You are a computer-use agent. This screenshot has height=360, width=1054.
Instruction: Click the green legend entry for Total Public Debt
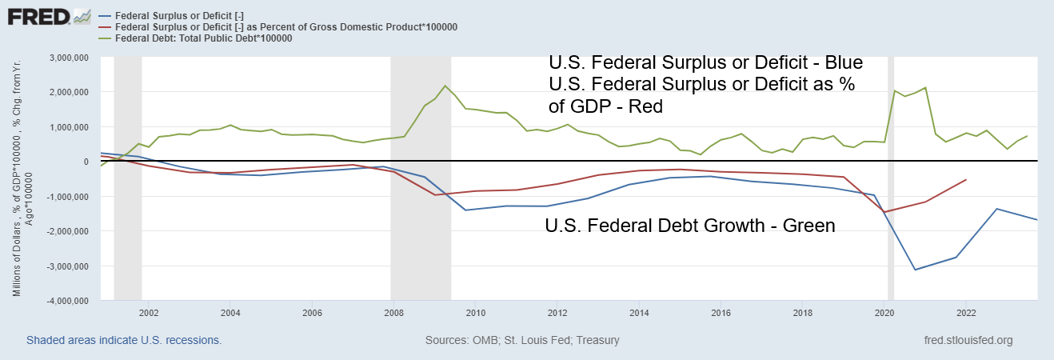pos(205,38)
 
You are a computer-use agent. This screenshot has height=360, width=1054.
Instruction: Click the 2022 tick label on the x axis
pos(966,313)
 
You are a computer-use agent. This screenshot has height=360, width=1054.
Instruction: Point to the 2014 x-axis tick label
pos(638,313)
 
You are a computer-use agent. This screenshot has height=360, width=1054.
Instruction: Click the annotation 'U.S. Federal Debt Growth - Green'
pos(689,226)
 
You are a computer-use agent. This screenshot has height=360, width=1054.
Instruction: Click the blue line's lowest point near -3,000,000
pos(915,270)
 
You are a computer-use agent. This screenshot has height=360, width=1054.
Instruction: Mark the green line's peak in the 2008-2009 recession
pos(445,86)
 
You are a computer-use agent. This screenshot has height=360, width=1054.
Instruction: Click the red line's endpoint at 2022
pos(966,180)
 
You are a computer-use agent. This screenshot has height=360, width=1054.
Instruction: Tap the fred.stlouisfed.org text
pos(968,340)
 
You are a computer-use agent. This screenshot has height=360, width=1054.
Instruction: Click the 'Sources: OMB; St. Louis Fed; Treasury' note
pos(522,340)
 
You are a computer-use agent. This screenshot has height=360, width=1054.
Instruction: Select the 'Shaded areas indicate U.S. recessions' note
pos(124,340)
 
